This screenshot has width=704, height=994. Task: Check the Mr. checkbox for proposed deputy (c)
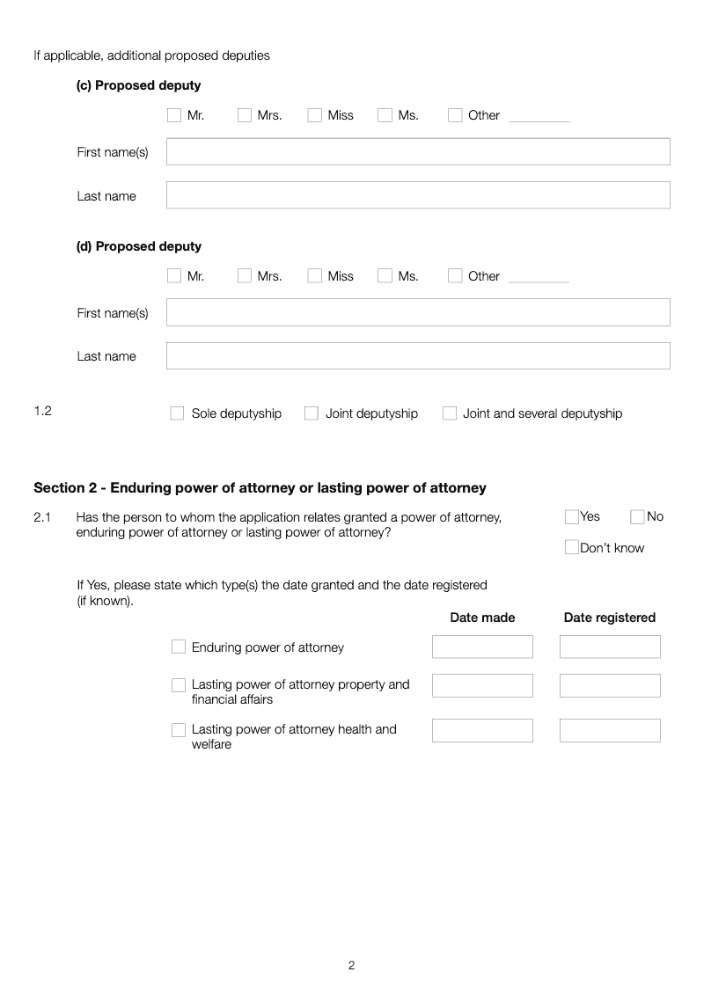[173, 115]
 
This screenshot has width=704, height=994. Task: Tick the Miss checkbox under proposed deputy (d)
[314, 276]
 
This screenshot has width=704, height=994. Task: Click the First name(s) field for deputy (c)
[418, 151]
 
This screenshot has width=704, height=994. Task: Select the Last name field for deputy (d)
[418, 356]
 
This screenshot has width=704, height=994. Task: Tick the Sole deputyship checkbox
[177, 413]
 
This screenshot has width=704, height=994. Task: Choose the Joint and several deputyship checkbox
[450, 413]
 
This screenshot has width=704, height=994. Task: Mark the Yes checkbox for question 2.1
[572, 517]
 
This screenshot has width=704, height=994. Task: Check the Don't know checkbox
[572, 548]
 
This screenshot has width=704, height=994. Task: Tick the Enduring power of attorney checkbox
[179, 647]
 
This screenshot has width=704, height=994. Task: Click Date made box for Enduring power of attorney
[482, 647]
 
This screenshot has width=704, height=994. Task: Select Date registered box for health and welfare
[610, 730]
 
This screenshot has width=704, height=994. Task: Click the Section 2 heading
[260, 488]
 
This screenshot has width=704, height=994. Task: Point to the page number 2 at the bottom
[351, 965]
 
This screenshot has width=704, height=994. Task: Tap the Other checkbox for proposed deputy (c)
[455, 115]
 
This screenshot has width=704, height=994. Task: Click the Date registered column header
[609, 618]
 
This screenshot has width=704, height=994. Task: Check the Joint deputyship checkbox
[312, 413]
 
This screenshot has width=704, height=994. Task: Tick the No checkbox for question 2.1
[637, 517]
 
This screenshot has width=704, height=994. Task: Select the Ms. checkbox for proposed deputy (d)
[385, 276]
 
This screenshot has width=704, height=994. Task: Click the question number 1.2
[42, 411]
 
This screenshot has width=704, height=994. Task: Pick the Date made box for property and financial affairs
[482, 685]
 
